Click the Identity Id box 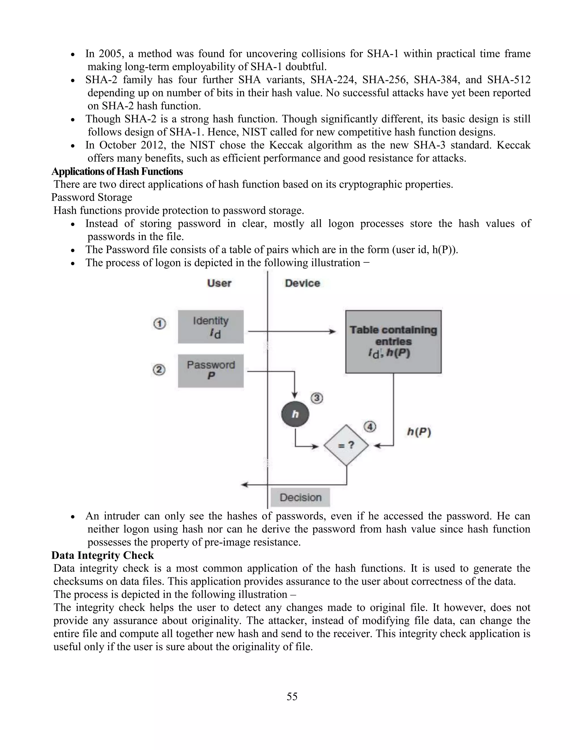[211, 327]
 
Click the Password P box [211, 370]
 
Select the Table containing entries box [393, 341]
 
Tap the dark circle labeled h [295, 414]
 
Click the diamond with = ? [346, 445]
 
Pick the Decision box [300, 497]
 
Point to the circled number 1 [159, 323]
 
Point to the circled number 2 [159, 370]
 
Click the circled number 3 [317, 398]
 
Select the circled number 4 [370, 427]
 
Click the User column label [219, 283]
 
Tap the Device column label [302, 283]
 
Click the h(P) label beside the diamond [419, 432]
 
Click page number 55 [292, 697]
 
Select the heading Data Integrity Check [103, 555]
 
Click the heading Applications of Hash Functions [117, 171]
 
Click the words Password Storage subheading [91, 198]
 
